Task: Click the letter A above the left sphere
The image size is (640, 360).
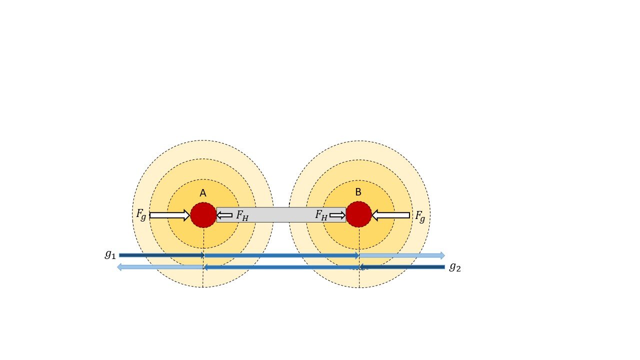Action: coord(203,193)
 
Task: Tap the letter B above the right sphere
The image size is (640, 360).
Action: coord(358,192)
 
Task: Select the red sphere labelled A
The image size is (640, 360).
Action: coord(203,215)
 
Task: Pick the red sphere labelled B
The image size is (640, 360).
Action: coord(359,214)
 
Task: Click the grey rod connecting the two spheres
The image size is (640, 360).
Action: coord(281,214)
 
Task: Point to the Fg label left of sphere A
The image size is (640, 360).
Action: coord(141,214)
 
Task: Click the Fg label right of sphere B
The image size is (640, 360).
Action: coord(420,216)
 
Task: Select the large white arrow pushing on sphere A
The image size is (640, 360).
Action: coord(169,215)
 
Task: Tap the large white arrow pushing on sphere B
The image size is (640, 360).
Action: coord(391,215)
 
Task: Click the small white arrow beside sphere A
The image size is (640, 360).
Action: coord(224,215)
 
